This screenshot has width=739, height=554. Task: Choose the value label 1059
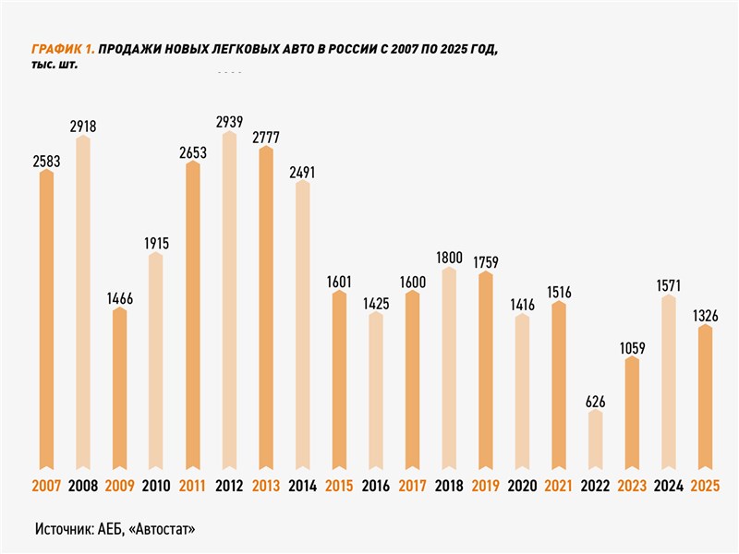[x=632, y=348]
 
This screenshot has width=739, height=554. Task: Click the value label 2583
[x=46, y=160]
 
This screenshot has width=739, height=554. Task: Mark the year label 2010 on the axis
[x=156, y=486]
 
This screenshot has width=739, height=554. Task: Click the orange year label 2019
[x=486, y=486]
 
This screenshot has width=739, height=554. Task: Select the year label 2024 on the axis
[x=668, y=486]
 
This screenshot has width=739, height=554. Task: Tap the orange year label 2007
[x=46, y=486]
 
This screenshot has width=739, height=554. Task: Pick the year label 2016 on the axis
[x=375, y=486]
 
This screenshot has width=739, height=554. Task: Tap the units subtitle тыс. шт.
[x=55, y=66]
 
